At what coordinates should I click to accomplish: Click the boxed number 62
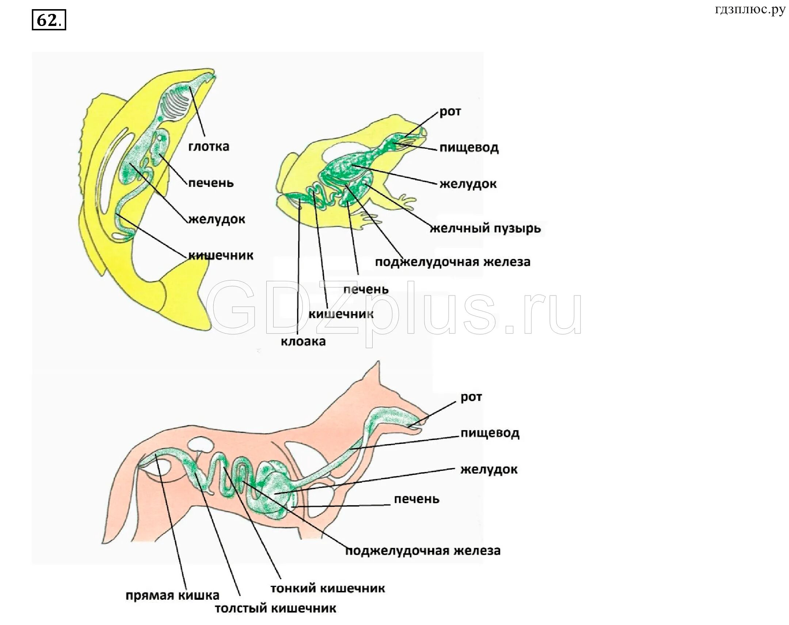49,20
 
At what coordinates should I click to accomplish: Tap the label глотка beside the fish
209,147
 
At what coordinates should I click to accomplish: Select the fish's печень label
211,182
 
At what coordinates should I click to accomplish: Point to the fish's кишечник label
221,255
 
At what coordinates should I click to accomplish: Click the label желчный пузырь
485,228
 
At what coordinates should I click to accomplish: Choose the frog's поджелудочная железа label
453,262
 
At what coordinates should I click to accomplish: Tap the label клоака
303,342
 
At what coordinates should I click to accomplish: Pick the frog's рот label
450,112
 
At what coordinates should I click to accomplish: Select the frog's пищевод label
469,148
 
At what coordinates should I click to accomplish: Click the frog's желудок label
468,184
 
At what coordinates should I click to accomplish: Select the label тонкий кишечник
327,588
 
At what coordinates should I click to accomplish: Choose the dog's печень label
416,499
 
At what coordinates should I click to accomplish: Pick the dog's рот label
471,397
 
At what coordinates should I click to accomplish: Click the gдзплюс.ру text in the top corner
750,10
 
